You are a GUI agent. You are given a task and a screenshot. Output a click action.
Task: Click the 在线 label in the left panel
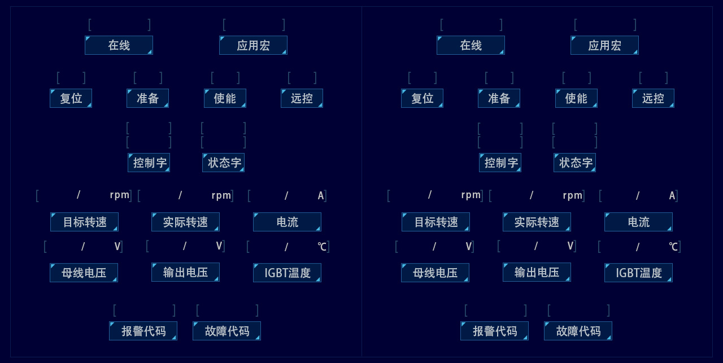point(119,45)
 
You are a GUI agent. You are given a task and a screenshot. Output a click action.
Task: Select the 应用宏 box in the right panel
point(604,45)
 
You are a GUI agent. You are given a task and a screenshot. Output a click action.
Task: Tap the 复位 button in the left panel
point(71,98)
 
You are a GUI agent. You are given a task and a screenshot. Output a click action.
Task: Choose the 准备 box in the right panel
point(499,98)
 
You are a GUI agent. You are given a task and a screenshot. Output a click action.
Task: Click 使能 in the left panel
point(225,98)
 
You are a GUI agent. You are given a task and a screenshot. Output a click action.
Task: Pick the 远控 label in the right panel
point(653,98)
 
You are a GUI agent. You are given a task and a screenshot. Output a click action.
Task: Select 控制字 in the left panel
point(149,163)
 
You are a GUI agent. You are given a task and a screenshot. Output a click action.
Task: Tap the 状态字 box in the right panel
point(575,163)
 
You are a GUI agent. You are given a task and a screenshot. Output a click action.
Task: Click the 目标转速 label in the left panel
point(84,222)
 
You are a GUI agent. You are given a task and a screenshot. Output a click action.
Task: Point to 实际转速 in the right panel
point(537,222)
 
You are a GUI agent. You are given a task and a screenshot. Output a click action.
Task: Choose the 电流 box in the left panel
point(287,222)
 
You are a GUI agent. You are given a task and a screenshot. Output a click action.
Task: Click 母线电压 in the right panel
point(435,273)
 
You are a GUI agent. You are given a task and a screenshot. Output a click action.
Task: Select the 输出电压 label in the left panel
point(185,272)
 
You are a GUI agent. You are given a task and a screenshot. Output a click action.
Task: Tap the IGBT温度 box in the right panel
point(638,273)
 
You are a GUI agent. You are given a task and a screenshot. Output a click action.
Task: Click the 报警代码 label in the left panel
point(143,331)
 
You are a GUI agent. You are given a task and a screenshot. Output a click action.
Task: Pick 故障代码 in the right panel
point(578,331)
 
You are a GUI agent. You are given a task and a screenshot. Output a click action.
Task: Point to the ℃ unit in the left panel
point(322,247)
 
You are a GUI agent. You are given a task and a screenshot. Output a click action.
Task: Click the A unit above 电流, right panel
point(672,196)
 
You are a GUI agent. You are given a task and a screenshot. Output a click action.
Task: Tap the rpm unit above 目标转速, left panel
point(120,195)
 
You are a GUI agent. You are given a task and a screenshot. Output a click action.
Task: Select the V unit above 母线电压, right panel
point(468,246)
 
